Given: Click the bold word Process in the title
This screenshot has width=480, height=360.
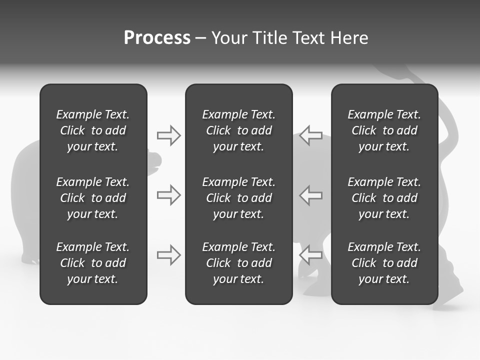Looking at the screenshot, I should click(x=157, y=38).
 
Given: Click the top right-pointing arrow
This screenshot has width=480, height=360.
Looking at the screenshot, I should click(x=168, y=135).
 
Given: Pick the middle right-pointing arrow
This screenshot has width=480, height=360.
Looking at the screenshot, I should click(x=168, y=195).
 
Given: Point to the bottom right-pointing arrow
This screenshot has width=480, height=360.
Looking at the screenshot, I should click(x=168, y=255).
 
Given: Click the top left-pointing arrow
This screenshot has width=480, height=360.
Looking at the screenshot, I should click(x=310, y=135).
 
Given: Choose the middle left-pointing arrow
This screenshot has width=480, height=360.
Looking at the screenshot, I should click(x=310, y=195).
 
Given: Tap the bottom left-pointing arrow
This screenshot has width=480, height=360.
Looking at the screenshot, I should click(x=310, y=255).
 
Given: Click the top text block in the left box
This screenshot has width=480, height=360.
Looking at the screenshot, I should click(x=93, y=130).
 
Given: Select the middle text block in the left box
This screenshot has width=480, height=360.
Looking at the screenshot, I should click(x=93, y=198).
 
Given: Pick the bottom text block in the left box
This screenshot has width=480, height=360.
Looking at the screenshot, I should click(x=93, y=263).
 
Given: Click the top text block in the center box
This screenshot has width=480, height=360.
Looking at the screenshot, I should click(x=238, y=130).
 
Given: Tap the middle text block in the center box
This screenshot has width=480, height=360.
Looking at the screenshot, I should click(x=238, y=198).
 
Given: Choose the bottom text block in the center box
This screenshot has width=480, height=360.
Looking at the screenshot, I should click(x=238, y=263).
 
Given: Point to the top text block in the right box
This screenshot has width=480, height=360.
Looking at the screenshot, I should click(x=384, y=130).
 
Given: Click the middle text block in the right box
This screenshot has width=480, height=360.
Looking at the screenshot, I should click(x=384, y=198).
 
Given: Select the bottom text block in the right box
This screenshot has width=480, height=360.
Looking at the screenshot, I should click(x=384, y=263).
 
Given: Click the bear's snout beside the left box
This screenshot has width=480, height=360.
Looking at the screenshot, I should click(x=155, y=160).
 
